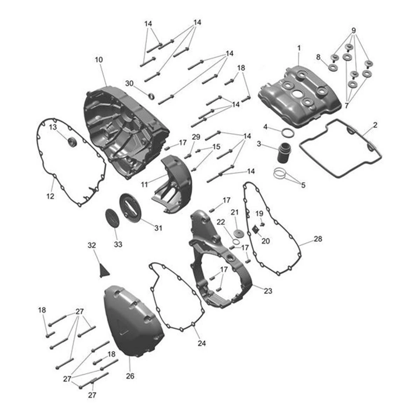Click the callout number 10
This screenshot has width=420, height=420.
click(x=99, y=59)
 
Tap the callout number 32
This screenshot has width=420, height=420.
click(x=92, y=245)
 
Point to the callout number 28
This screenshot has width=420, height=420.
click(x=318, y=239)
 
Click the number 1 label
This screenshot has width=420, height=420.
click(x=299, y=48)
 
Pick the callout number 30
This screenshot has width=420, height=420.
click(x=129, y=83)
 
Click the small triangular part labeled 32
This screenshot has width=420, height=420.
click(x=104, y=271)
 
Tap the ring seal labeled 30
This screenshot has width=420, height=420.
click(x=152, y=96)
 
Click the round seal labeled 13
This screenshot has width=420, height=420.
click(x=72, y=142)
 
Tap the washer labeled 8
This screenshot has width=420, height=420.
click(x=333, y=68)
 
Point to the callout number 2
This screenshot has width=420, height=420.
click(x=374, y=125)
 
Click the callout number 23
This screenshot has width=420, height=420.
click(x=268, y=291)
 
